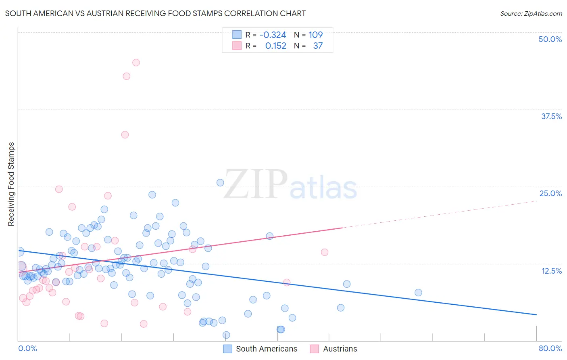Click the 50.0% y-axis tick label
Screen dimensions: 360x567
click(x=550, y=39)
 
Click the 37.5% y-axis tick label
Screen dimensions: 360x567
click(x=551, y=116)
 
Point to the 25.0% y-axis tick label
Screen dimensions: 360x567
click(x=550, y=193)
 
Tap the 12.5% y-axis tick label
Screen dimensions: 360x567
click(x=551, y=271)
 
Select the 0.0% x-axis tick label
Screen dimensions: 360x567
click(x=27, y=348)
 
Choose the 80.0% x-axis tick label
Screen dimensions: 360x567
click(x=550, y=348)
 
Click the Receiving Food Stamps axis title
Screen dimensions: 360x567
click(x=11, y=184)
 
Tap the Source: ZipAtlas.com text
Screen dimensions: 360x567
click(x=531, y=13)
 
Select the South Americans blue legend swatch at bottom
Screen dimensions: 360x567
click(x=228, y=349)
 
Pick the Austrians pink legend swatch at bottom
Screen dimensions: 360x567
click(x=315, y=349)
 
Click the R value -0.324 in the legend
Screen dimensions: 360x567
click(x=273, y=35)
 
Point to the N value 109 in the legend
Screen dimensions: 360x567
click(x=315, y=35)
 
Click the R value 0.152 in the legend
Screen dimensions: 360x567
click(x=275, y=46)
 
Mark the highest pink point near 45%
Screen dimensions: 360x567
click(x=136, y=63)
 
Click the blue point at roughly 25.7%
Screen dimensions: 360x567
click(x=220, y=182)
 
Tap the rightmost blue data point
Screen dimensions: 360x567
click(x=418, y=293)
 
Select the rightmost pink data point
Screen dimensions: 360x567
click(x=325, y=252)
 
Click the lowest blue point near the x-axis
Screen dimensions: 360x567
click(x=226, y=335)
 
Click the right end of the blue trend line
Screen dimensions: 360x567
click(x=536, y=314)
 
